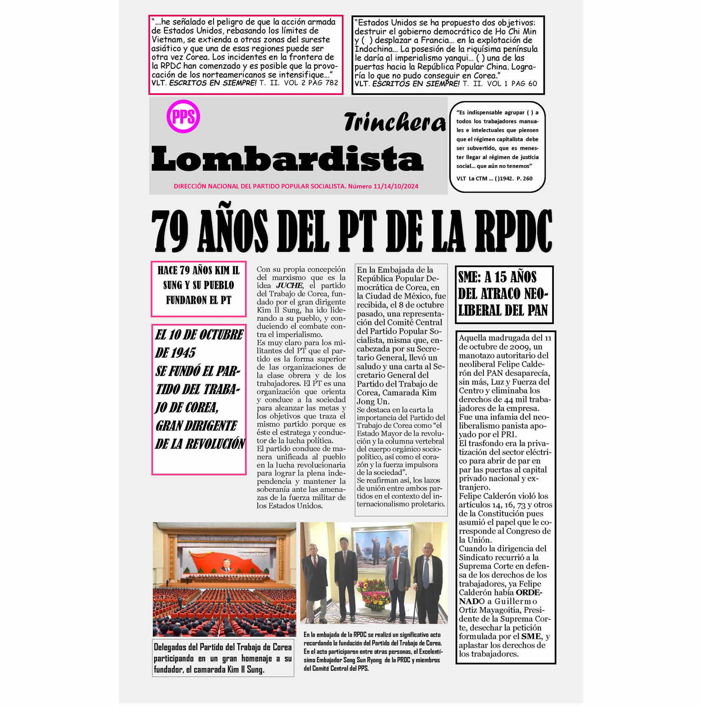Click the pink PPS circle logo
pos(183,116)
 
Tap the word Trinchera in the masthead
pos(394,122)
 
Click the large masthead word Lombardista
pos(287,159)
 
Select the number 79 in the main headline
pos(170,231)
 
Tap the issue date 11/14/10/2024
pos(396,186)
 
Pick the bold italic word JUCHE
pos(289,285)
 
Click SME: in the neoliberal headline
pos(469,277)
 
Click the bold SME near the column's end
pos(531,636)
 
